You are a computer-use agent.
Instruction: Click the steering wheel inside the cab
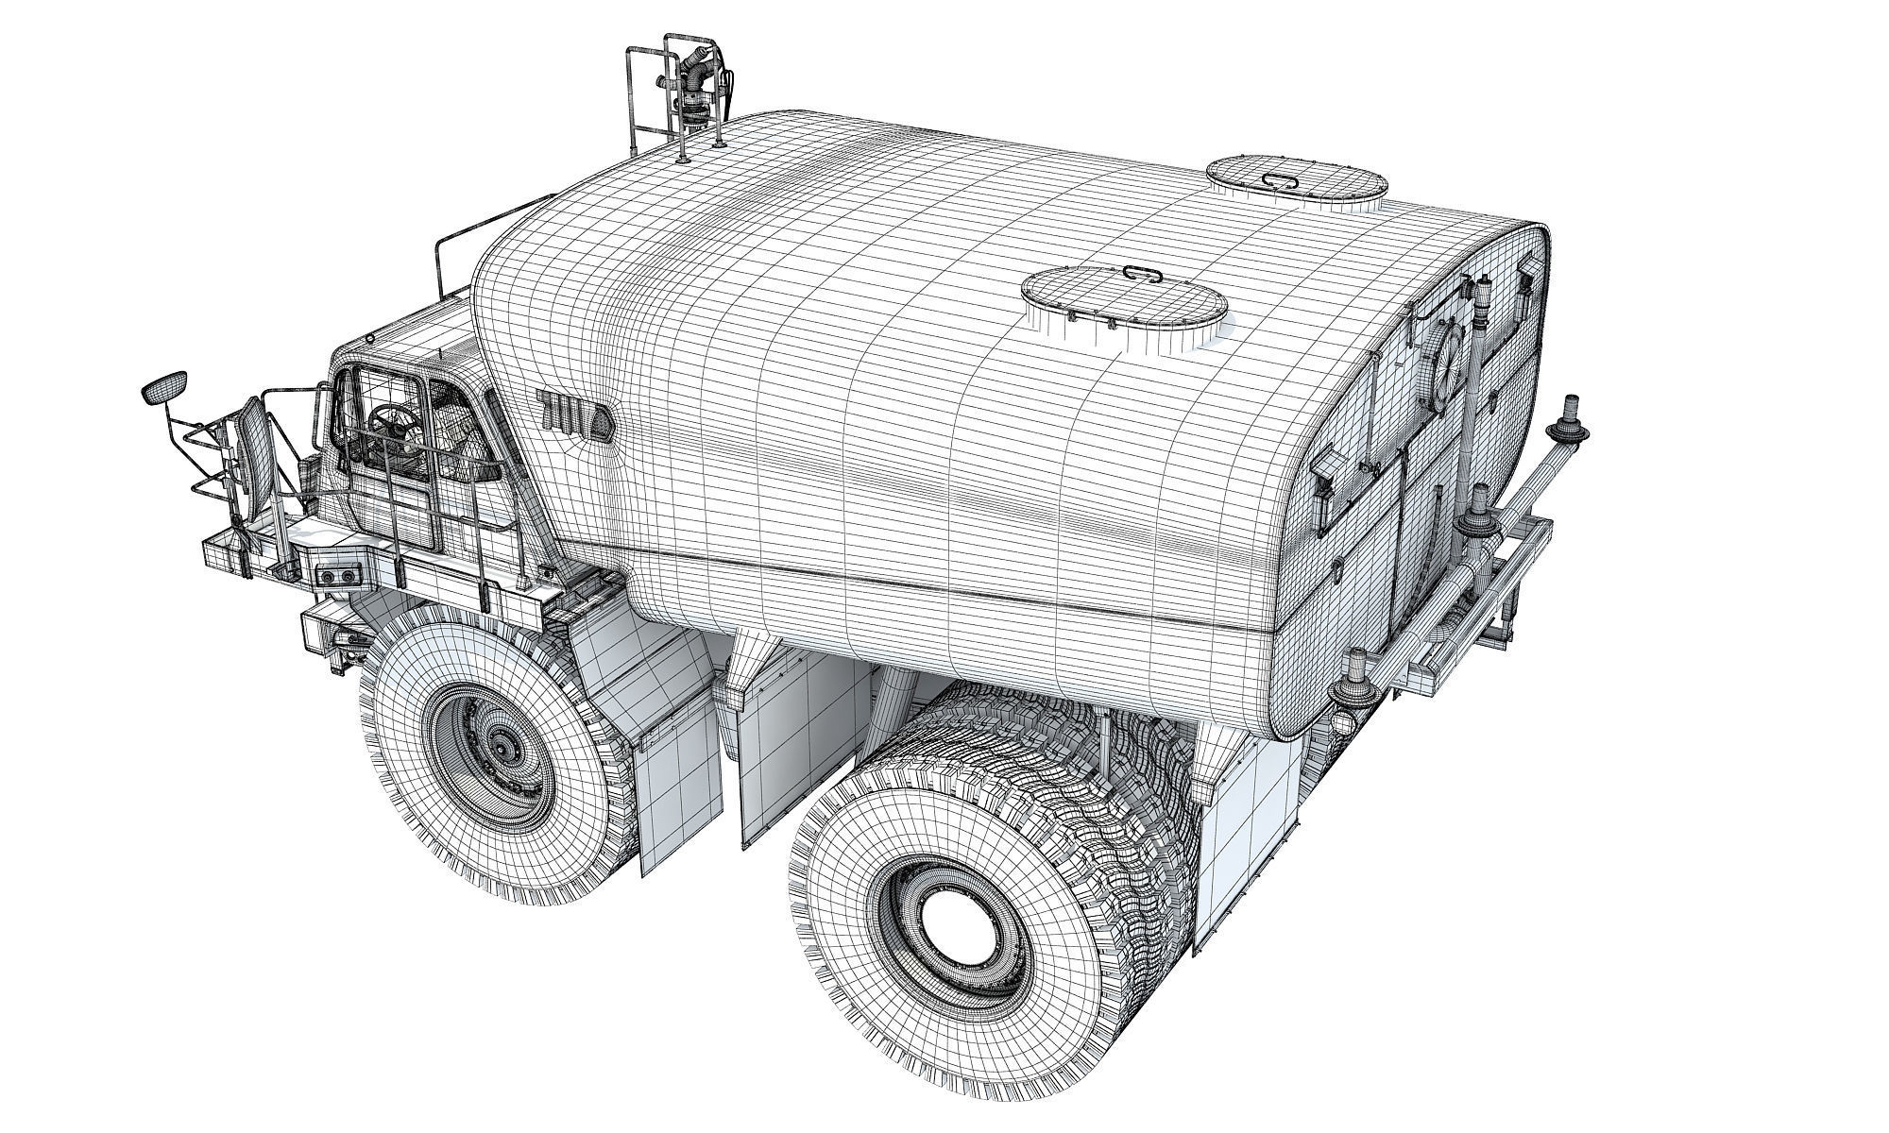point(387,421)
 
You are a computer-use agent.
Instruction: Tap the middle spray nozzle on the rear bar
point(1476,517)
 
